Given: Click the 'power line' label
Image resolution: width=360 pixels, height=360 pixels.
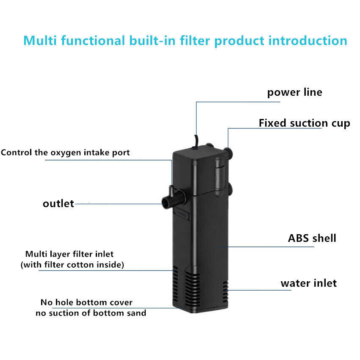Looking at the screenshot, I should (x=294, y=92).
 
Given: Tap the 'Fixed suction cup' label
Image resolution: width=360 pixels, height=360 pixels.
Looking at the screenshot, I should (x=304, y=123).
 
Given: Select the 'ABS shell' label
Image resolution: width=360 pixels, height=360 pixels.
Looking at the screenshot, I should (x=312, y=238).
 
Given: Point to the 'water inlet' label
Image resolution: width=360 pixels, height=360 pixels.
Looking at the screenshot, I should (x=308, y=283).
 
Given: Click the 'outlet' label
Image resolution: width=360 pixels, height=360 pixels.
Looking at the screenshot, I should (x=58, y=204).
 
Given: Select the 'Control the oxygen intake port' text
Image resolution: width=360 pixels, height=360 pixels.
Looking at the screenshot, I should (x=65, y=152).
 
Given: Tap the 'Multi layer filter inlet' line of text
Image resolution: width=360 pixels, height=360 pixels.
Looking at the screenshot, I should (x=69, y=254).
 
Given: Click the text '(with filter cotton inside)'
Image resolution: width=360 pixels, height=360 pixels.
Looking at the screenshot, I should (x=72, y=265).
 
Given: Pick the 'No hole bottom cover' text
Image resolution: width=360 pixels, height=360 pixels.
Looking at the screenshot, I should (x=86, y=302).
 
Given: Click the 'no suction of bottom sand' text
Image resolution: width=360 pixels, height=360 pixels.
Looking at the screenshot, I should (x=90, y=313).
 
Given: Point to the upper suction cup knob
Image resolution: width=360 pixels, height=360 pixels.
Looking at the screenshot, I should (x=229, y=151).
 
